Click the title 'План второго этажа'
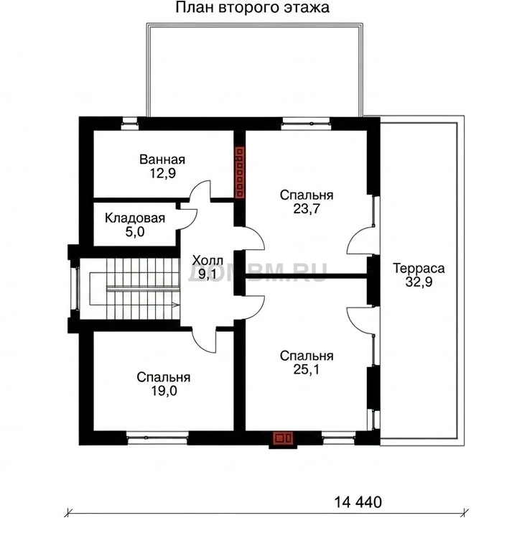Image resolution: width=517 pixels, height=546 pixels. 252,8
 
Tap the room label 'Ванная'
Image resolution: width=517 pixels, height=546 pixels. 162,159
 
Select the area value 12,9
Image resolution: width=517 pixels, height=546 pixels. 162,173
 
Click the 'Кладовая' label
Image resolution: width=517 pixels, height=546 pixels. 135,218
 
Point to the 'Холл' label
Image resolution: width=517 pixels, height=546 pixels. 208,260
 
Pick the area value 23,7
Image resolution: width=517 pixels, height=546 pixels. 307,208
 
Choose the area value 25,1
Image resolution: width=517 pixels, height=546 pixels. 307,369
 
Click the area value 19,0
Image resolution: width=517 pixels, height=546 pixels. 164,391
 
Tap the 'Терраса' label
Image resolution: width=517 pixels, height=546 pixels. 419,269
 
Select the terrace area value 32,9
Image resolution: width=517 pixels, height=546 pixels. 419,282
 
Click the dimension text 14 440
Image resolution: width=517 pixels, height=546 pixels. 358,502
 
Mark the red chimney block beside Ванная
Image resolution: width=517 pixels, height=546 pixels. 240,172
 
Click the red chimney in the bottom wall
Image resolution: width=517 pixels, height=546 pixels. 282,438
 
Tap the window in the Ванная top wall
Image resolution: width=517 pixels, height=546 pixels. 129,124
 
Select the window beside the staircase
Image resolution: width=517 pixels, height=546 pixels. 75,288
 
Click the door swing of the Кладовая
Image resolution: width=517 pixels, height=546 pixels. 188,219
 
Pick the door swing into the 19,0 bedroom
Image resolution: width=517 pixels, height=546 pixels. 204,341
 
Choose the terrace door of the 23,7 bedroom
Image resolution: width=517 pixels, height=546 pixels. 360,240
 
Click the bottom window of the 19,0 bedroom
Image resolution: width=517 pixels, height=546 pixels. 157,438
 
